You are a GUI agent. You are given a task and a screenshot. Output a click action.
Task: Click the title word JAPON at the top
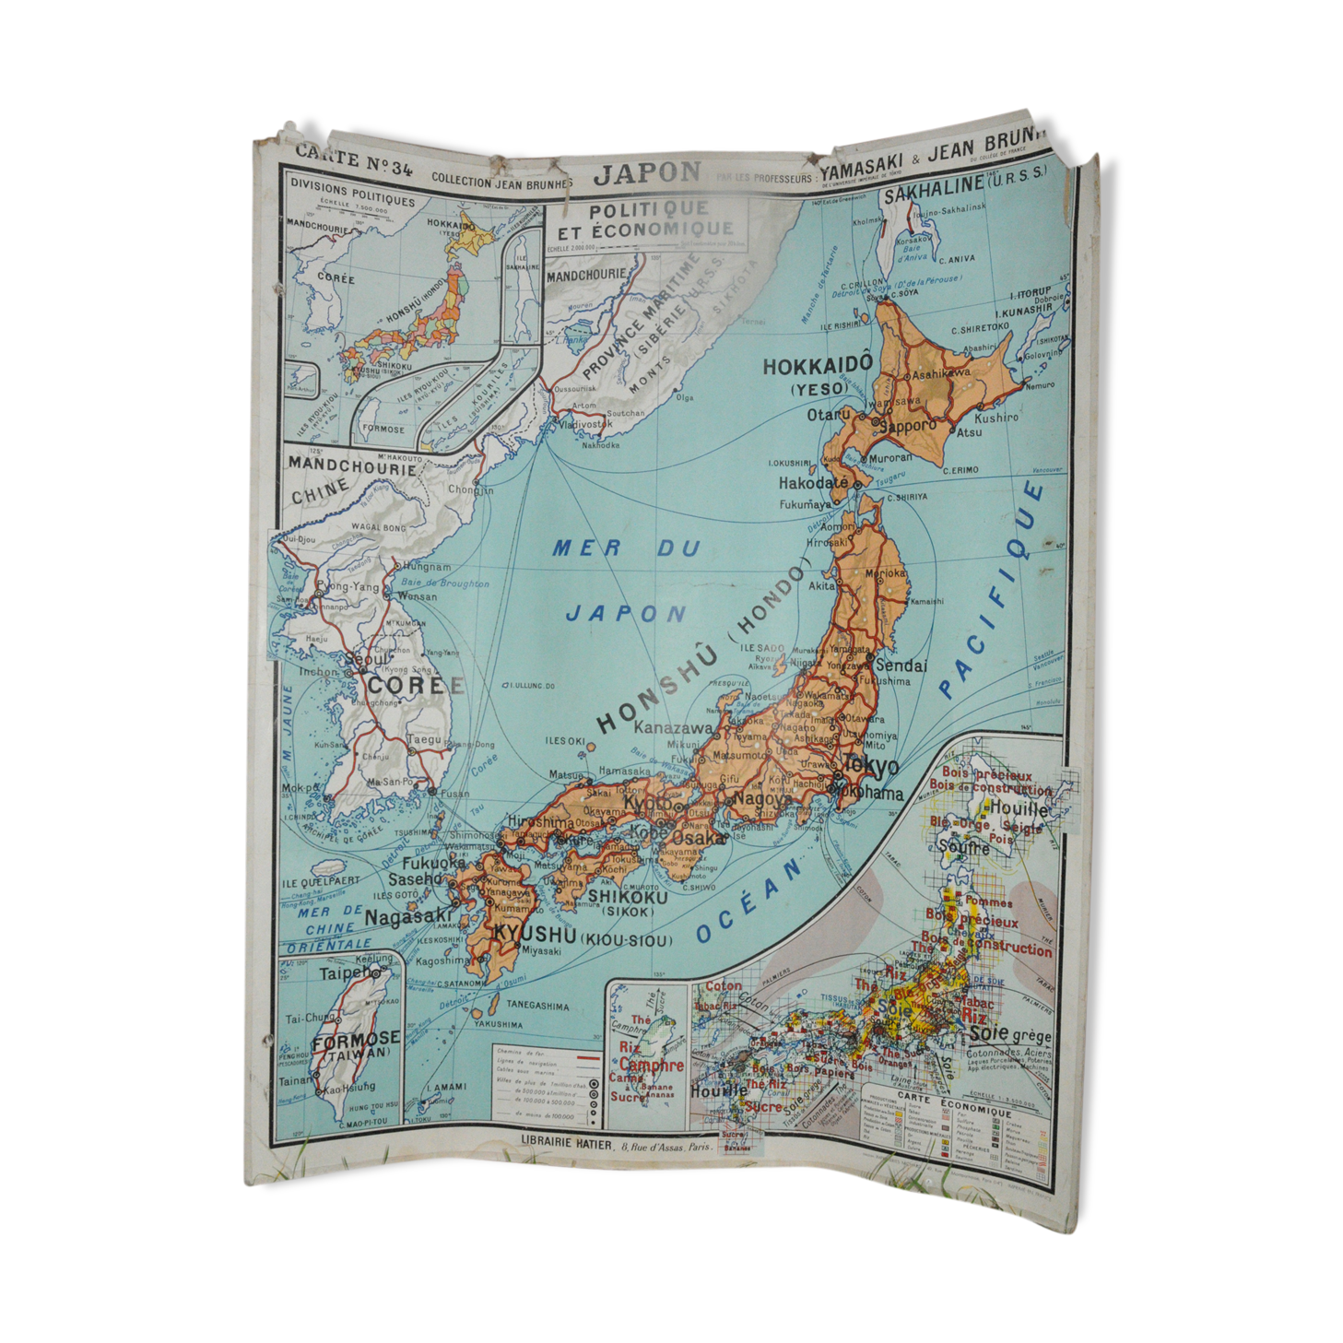647,173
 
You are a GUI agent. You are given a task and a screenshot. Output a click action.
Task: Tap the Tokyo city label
869,766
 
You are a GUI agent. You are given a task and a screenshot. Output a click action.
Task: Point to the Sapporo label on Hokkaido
907,426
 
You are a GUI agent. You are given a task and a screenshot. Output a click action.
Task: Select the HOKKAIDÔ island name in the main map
817,366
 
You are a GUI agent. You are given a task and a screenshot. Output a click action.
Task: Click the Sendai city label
901,666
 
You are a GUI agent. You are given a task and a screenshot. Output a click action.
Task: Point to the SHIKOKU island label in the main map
628,897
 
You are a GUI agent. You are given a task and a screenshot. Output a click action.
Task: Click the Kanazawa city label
673,728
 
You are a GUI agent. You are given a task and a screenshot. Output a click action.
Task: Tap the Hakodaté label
812,483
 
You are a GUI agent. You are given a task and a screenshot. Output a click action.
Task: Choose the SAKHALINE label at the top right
934,184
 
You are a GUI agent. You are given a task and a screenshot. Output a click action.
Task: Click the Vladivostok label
585,425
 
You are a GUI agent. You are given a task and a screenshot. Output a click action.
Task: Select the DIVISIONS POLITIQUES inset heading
352,192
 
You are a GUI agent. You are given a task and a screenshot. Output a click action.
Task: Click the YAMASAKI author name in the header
862,163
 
